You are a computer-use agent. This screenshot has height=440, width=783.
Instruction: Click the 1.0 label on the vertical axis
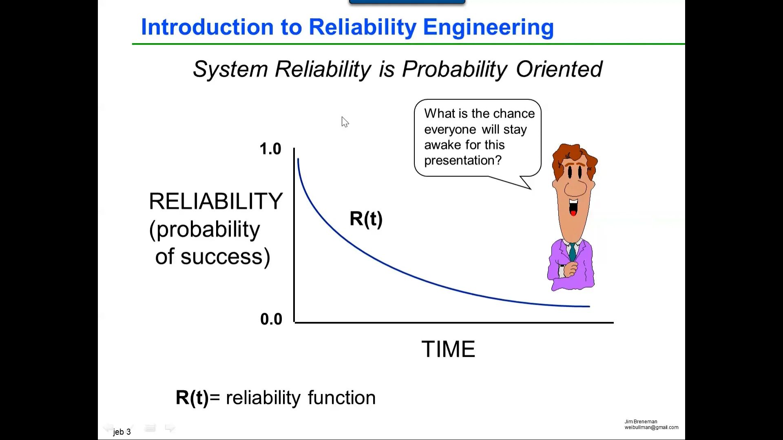[270, 149]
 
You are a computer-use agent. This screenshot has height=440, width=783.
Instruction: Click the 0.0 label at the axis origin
[271, 319]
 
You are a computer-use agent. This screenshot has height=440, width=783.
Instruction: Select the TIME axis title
[448, 349]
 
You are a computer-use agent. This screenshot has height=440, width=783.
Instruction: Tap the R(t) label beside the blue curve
[366, 219]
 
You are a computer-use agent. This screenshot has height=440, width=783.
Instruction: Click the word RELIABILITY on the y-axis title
[216, 201]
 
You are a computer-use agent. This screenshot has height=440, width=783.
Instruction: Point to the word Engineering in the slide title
[488, 27]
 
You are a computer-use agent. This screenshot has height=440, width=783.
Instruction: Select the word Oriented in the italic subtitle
[559, 69]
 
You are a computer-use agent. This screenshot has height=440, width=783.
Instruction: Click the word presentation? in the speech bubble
[463, 161]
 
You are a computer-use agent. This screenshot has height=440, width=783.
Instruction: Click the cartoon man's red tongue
[573, 213]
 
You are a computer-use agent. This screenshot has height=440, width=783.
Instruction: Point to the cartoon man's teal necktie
[573, 252]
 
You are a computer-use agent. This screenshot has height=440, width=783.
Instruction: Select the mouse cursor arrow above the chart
[345, 122]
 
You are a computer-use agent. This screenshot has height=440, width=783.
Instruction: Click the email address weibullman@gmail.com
[651, 427]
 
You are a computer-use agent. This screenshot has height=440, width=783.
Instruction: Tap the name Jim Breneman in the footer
[641, 422]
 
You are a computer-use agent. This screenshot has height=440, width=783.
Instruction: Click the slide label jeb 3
[122, 432]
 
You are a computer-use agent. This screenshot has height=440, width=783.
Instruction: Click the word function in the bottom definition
[342, 398]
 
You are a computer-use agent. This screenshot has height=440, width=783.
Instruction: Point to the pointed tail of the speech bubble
[531, 189]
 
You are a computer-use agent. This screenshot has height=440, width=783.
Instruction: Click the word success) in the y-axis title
[226, 257]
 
